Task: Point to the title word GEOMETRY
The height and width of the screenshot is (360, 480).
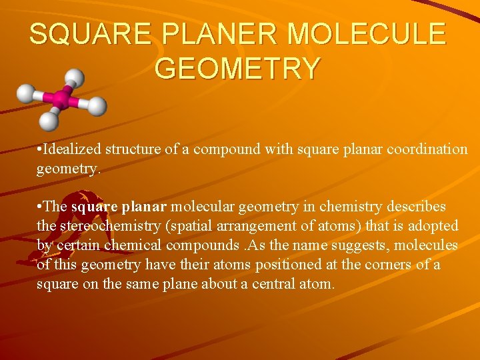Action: [238, 68]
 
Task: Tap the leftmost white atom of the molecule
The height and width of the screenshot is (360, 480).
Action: [26, 93]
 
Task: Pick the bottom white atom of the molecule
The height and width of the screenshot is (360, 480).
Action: [49, 121]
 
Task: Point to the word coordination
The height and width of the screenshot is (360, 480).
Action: [430, 149]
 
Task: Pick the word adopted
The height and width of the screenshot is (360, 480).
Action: [435, 226]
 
